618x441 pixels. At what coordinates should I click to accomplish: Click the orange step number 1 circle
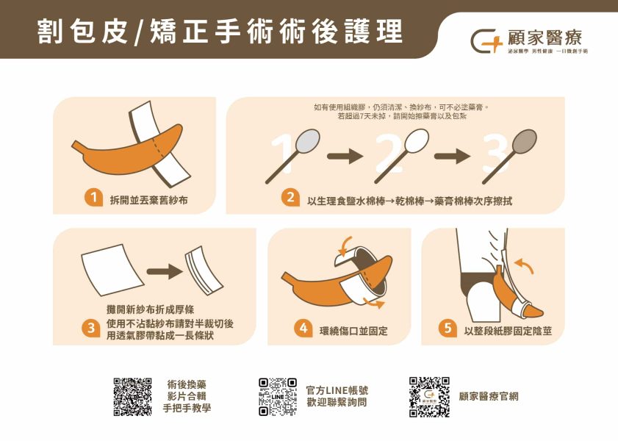tap(92, 198)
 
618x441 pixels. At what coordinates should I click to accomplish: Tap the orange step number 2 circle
tap(290, 198)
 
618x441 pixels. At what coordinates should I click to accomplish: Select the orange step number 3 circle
tap(92, 329)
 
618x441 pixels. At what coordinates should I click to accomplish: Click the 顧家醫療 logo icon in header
tap(485, 39)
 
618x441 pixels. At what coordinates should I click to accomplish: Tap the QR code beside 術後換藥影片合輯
tap(133, 397)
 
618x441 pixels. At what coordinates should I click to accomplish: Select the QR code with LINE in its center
tap(279, 397)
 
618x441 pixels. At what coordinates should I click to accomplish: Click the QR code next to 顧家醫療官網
tap(429, 397)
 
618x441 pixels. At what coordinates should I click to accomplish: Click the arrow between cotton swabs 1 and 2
tap(345, 156)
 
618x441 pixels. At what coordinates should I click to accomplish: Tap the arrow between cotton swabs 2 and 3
tap(452, 156)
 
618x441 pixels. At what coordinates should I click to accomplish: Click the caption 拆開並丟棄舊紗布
tap(148, 198)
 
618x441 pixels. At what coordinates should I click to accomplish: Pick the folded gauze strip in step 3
tap(203, 270)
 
